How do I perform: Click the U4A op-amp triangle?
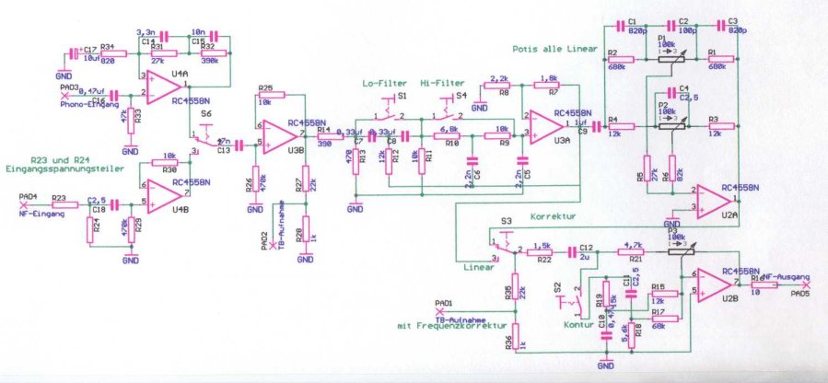(x=160, y=89)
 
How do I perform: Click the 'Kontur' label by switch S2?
(x=579, y=324)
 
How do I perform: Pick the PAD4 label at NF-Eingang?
(x=28, y=196)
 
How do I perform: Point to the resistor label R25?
(x=266, y=87)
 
